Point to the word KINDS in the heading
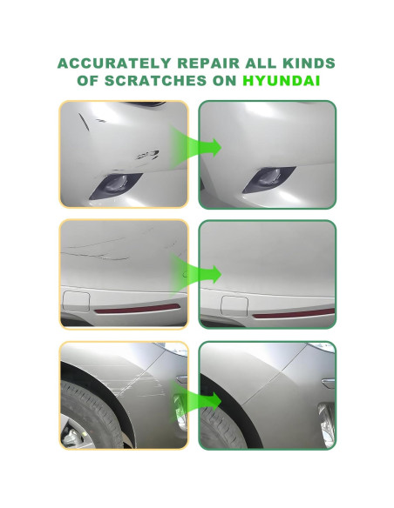pos(309,64)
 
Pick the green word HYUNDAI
pos(282,81)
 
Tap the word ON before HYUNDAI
pos(226,81)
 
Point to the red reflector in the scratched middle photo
pos(139,310)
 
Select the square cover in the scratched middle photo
pos(77,304)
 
